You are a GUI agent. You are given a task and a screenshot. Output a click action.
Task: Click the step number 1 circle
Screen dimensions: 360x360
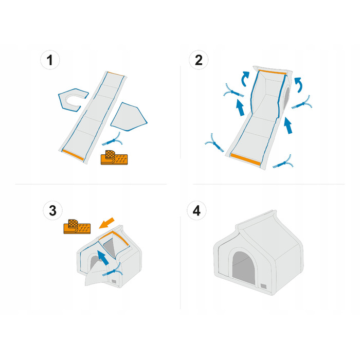(x=50, y=60)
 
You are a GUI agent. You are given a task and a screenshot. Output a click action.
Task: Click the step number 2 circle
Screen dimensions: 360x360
(x=199, y=60)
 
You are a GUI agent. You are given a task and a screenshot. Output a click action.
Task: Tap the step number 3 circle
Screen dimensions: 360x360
(x=52, y=210)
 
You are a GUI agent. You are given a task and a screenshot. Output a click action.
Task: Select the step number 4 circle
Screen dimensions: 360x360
(x=196, y=210)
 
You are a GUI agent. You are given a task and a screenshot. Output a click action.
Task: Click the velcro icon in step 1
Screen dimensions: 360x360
(x=114, y=157)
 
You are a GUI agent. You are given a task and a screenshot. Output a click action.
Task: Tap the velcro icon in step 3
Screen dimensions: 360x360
(x=77, y=227)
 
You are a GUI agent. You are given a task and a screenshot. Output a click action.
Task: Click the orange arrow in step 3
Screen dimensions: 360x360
(x=106, y=223)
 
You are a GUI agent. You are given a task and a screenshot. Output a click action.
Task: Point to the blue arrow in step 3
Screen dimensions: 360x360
(x=103, y=258)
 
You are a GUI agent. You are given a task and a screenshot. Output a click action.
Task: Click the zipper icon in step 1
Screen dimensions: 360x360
(x=112, y=139)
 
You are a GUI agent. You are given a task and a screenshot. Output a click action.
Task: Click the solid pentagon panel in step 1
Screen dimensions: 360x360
(x=129, y=118)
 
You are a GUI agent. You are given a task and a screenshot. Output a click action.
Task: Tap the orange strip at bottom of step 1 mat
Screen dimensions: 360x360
(x=73, y=155)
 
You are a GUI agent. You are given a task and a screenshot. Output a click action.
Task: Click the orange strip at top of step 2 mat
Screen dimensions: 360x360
(x=273, y=72)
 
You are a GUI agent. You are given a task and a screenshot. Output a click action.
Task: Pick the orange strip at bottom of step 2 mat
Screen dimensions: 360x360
(x=246, y=159)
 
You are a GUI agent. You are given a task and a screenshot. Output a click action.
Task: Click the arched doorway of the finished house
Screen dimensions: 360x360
(x=244, y=267)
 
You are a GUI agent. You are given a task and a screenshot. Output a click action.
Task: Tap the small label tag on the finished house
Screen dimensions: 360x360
(x=263, y=286)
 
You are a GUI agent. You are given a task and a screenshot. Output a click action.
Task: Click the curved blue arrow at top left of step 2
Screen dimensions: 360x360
(x=245, y=79)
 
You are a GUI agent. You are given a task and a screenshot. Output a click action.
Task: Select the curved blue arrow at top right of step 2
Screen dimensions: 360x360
(x=299, y=85)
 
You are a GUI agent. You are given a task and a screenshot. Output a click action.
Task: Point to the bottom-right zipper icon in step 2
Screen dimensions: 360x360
(x=283, y=162)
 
